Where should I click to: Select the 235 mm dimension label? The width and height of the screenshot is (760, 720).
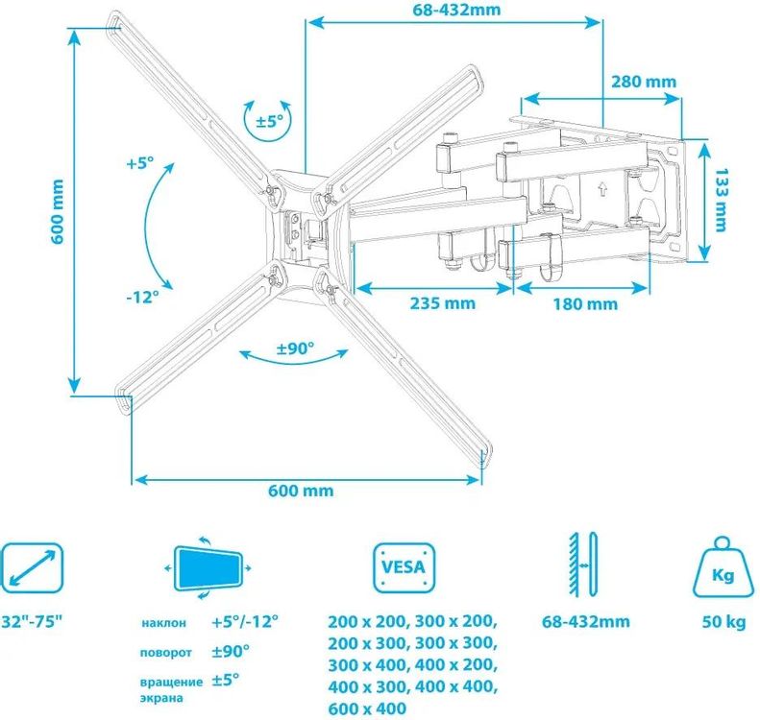(443, 304)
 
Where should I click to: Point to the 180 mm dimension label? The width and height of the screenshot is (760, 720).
(586, 304)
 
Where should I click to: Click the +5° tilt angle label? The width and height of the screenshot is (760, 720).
(139, 163)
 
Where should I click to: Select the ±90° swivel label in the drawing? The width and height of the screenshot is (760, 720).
(295, 348)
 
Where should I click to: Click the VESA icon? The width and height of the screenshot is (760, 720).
(404, 568)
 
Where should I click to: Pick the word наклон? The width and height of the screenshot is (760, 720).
(164, 623)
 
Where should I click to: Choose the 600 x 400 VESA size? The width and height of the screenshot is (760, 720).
(368, 708)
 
